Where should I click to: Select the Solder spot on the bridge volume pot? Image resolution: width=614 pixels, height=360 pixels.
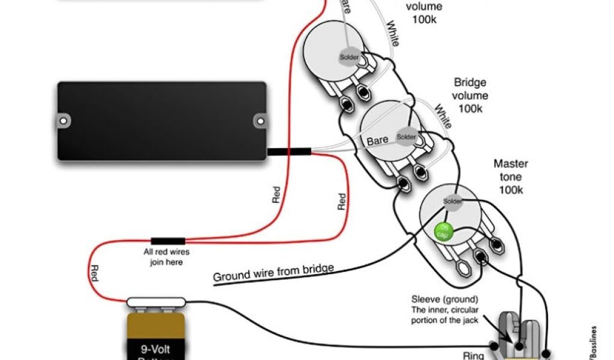406,137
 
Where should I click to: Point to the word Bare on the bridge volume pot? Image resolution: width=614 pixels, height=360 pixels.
377,141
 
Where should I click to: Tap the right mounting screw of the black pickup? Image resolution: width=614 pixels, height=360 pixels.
260,121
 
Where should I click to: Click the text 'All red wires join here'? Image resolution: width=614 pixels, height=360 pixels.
163,257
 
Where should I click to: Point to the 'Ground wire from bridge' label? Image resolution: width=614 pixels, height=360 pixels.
273,272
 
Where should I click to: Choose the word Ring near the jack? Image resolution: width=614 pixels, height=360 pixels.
473,355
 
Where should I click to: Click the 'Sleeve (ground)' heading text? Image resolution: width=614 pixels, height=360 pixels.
444,299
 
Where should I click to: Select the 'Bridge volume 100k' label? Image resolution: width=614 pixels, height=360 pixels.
470,95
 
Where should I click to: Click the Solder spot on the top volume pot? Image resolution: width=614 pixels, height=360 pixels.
348,58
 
